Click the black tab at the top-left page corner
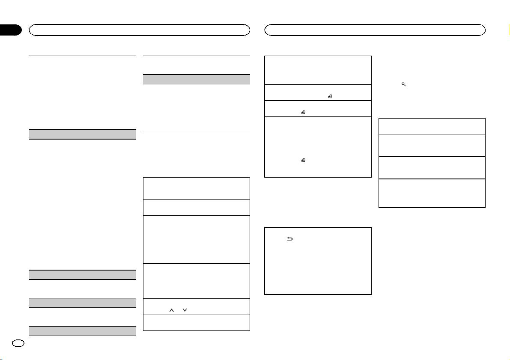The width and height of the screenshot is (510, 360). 10,30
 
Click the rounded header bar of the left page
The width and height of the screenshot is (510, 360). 139,30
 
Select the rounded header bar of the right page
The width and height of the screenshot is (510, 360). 375,30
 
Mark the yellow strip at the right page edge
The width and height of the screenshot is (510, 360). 509,30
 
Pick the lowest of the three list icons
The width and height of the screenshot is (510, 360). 303,160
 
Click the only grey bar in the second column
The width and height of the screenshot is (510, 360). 196,79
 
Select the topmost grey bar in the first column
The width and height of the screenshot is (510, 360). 82,134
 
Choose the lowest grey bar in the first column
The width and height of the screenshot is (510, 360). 82,331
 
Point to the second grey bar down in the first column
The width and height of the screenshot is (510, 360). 82,275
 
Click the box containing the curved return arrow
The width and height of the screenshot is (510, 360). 317,261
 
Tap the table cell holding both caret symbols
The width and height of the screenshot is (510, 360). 196,306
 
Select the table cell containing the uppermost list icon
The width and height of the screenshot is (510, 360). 317,92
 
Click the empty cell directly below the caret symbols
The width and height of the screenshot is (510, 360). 196,323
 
